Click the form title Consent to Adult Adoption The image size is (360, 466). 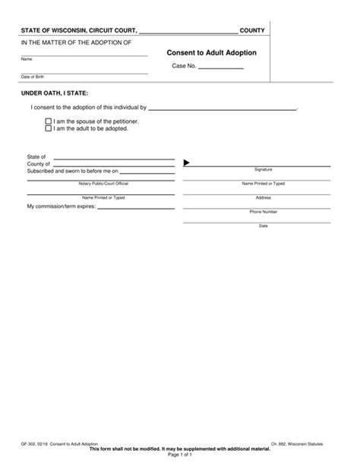click(x=211, y=53)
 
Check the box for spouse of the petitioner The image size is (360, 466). click(x=49, y=121)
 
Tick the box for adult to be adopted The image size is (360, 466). click(x=49, y=129)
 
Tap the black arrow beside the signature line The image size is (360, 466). click(x=187, y=162)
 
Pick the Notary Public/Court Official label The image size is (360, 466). click(x=103, y=184)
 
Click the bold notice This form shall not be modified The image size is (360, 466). click(x=180, y=452)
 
